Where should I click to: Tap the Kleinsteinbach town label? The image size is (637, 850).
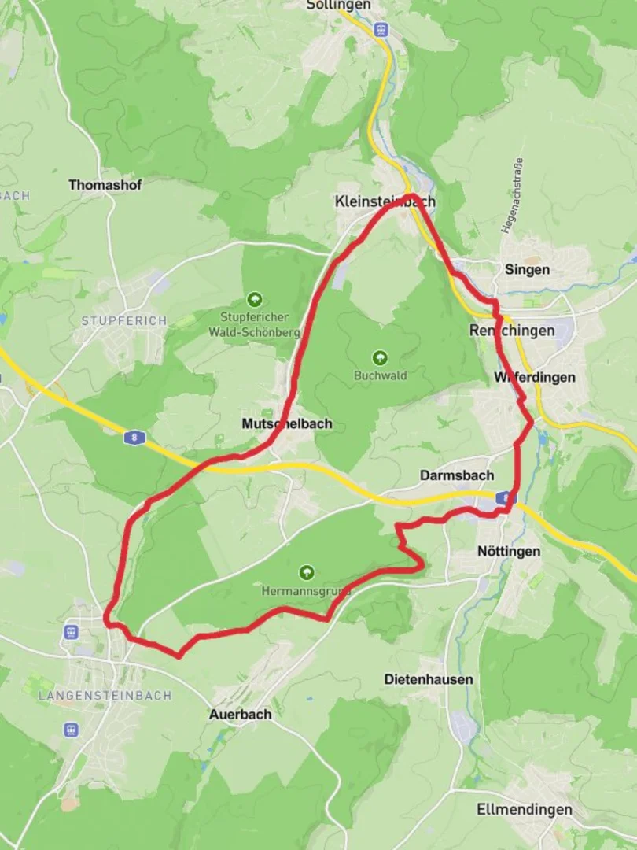point(385,201)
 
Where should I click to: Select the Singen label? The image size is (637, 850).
point(527,270)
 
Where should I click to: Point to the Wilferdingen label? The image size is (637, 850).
point(535,378)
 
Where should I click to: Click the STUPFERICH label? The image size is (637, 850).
point(124,321)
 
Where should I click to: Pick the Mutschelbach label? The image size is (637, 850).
point(287,424)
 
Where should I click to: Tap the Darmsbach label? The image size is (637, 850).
point(456,475)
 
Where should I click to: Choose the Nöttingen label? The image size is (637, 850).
point(509,552)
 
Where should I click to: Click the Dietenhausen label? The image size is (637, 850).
point(429,679)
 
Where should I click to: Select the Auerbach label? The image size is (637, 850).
point(240,715)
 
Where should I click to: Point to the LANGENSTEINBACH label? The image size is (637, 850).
point(105,696)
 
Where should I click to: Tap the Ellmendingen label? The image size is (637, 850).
point(525,810)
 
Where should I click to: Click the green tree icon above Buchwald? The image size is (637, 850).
point(381,358)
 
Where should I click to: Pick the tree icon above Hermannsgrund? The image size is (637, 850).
point(307,572)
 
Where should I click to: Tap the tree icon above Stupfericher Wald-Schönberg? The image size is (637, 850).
point(254,299)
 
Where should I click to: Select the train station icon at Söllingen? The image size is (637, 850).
point(381,29)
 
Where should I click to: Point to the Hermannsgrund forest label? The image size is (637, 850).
point(307,589)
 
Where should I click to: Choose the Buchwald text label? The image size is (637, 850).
point(381,375)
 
